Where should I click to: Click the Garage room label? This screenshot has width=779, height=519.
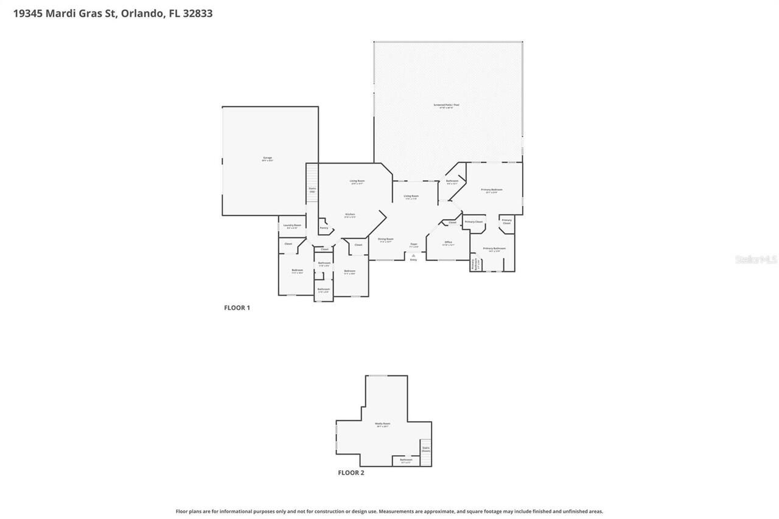pyautogui.click(x=267, y=158)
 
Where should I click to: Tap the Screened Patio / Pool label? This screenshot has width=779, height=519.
pyautogui.click(x=446, y=105)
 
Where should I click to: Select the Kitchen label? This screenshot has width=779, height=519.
pyautogui.click(x=350, y=215)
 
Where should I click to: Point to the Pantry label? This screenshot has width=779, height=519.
pyautogui.click(x=324, y=228)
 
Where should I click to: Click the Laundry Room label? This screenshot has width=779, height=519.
pyautogui.click(x=292, y=226)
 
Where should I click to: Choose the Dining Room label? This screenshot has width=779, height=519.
pyautogui.click(x=385, y=239)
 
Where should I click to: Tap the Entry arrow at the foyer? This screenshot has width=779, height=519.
pyautogui.click(x=413, y=256)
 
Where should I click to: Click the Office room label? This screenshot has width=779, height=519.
pyautogui.click(x=448, y=243)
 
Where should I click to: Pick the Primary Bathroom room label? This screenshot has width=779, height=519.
pyautogui.click(x=494, y=249)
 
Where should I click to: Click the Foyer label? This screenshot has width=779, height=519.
pyautogui.click(x=413, y=245)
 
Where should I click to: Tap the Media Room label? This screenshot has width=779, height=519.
pyautogui.click(x=382, y=424)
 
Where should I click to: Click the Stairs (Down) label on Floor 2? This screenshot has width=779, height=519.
pyautogui.click(x=425, y=449)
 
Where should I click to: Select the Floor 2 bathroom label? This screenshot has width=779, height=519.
pyautogui.click(x=406, y=461)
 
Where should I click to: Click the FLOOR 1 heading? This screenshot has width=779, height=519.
pyautogui.click(x=237, y=308)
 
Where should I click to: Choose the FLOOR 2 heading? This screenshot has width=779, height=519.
pyautogui.click(x=351, y=473)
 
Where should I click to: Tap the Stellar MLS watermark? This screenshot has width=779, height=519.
pyautogui.click(x=756, y=260)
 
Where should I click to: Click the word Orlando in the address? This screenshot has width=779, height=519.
pyautogui.click(x=142, y=13)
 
